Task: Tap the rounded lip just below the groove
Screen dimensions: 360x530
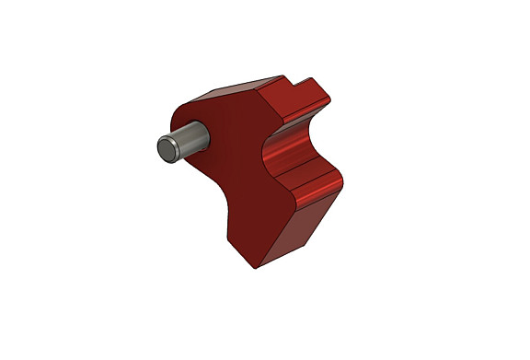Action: click(x=317, y=184)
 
